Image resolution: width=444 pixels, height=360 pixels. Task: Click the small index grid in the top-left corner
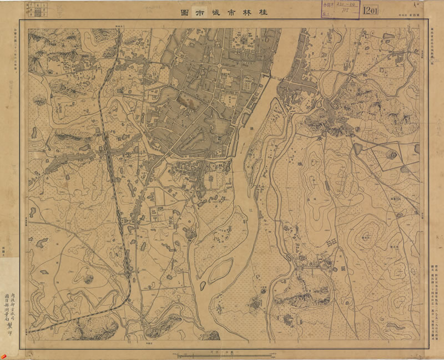coord(37,9)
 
